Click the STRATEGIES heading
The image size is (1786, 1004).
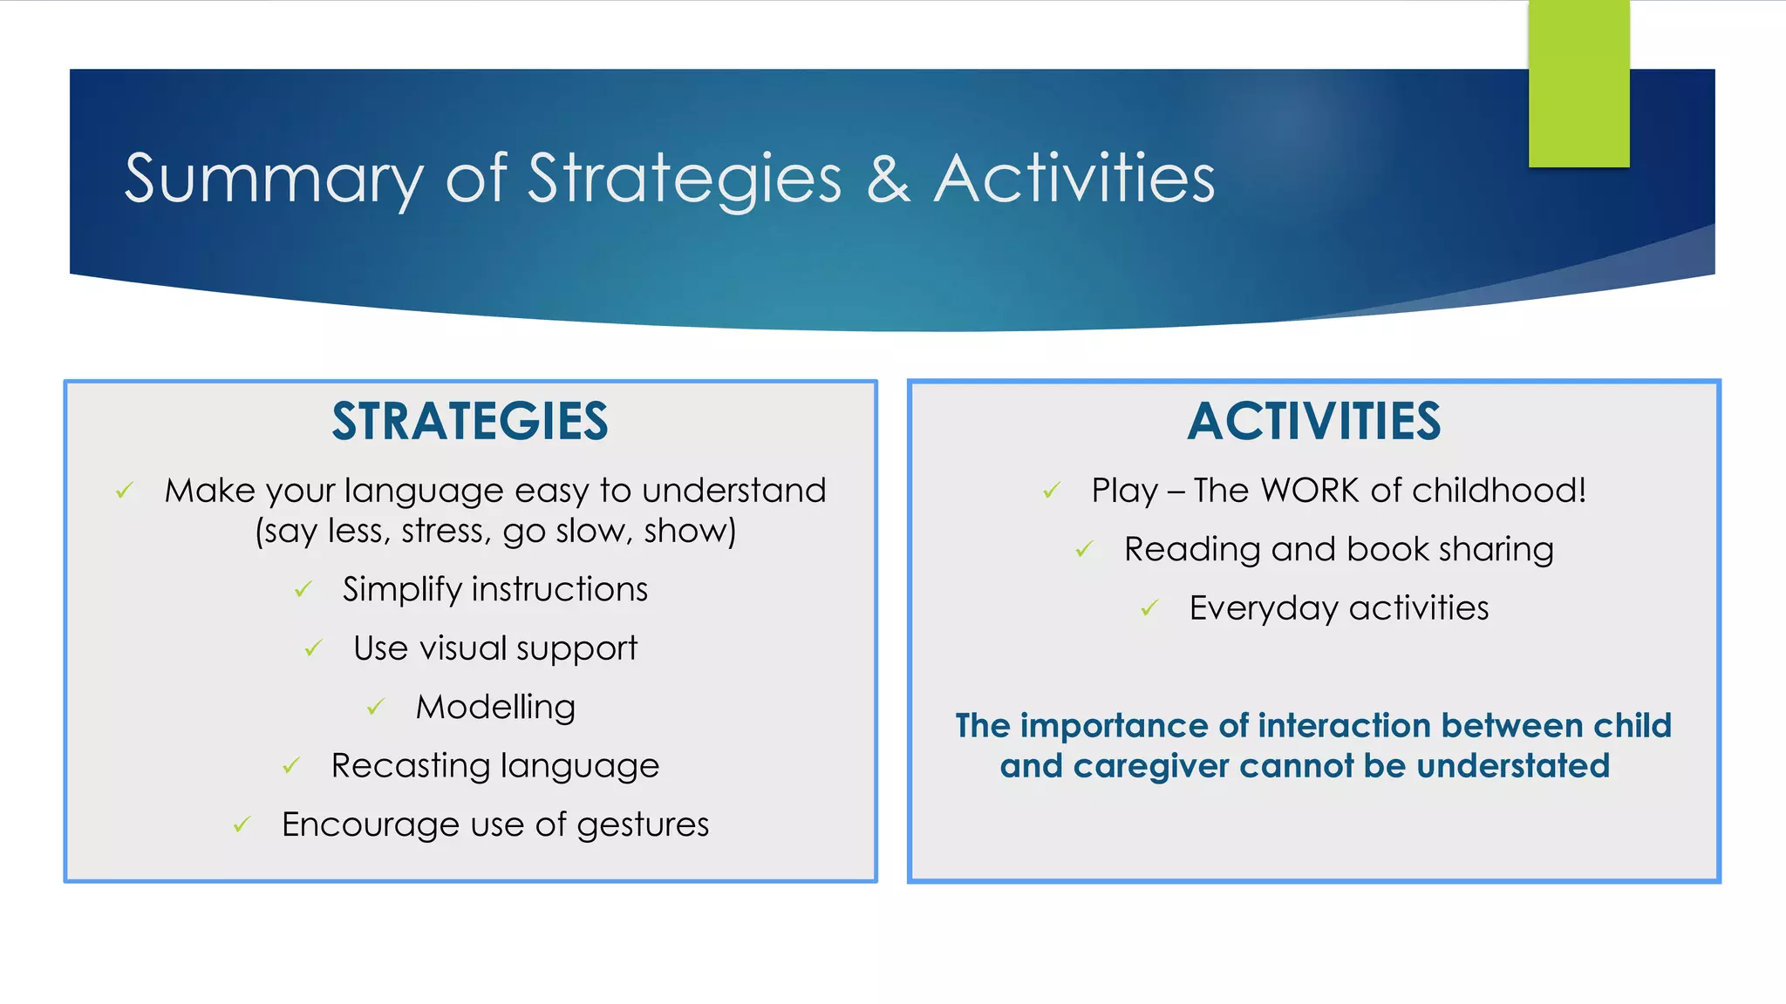pos(470,422)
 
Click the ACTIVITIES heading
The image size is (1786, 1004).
pos(1313,422)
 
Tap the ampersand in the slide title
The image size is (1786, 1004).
pos(888,179)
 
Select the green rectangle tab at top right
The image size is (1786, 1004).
pos(1578,84)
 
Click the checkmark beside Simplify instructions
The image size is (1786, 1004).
pos(303,590)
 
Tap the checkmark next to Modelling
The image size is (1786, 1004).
pos(376,707)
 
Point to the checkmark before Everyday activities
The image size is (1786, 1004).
pos(1150,607)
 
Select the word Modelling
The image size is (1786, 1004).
pos(495,707)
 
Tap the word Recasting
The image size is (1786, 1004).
pos(411,766)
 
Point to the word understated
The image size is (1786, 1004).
pos(1513,766)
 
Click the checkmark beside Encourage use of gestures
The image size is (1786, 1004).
pos(242,824)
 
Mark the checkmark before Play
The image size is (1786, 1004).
pos(1052,491)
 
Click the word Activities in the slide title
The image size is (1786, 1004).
pos(1074,179)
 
